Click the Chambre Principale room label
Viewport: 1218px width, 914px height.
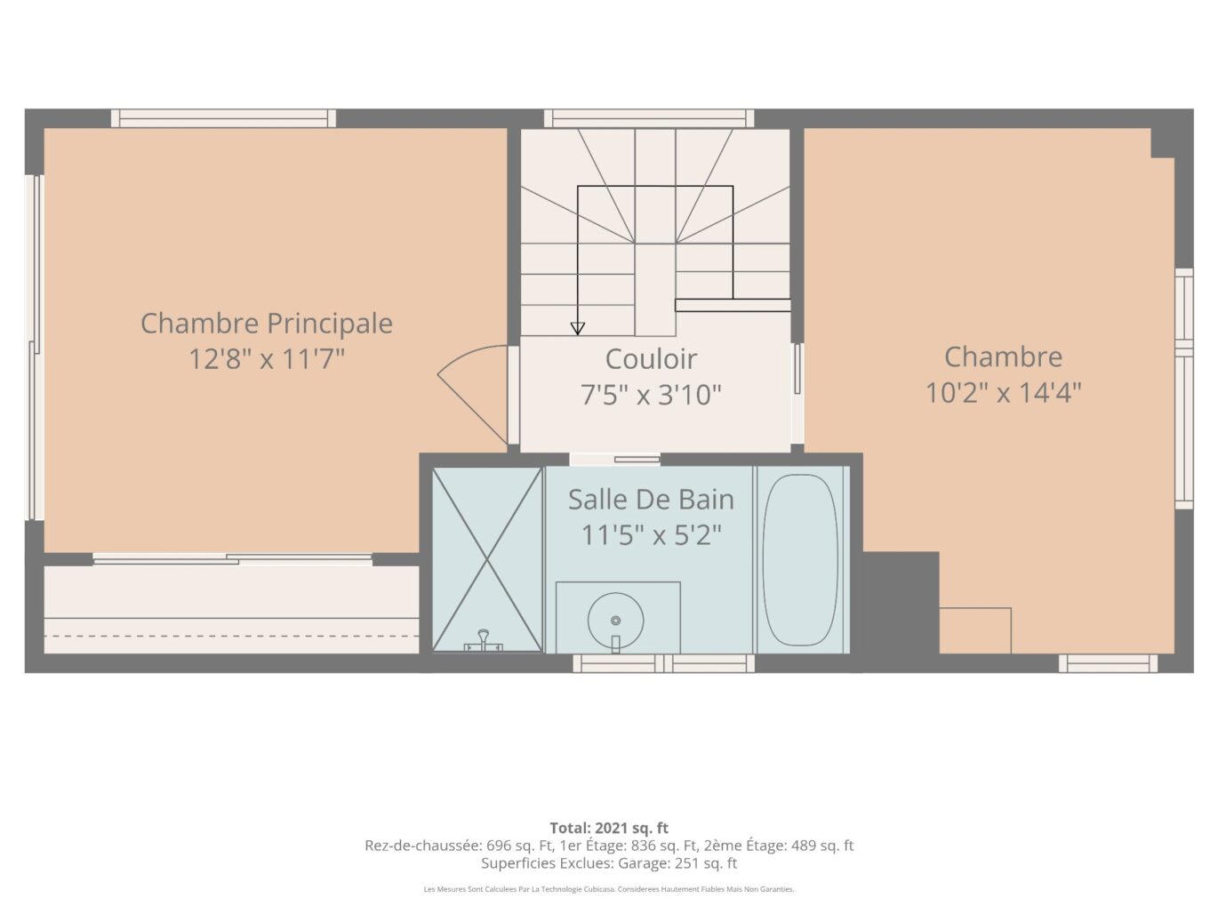[x=267, y=324]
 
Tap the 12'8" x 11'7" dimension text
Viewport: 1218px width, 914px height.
[x=267, y=359]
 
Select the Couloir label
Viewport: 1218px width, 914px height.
[x=651, y=359]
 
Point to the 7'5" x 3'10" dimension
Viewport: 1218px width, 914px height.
[x=651, y=395]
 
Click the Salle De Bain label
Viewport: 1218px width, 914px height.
[x=651, y=500]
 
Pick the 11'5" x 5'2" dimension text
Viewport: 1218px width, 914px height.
[x=651, y=535]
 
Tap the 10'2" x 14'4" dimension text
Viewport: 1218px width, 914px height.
[x=1003, y=393]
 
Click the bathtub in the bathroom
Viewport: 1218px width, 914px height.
[x=800, y=559]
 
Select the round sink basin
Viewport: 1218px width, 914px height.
[x=615, y=621]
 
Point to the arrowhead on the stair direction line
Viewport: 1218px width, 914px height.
[x=578, y=329]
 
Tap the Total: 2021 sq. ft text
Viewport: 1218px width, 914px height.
[x=609, y=828]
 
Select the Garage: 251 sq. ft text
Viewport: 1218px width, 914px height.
[x=677, y=863]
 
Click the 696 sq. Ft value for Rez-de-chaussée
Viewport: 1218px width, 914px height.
[x=519, y=846]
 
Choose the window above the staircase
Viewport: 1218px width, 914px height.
[x=649, y=118]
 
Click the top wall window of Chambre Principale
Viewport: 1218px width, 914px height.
[x=223, y=118]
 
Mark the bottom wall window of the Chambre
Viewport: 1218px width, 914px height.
[x=1108, y=663]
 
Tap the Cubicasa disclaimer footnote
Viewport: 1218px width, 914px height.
[x=609, y=889]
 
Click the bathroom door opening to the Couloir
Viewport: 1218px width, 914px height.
[x=615, y=459]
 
